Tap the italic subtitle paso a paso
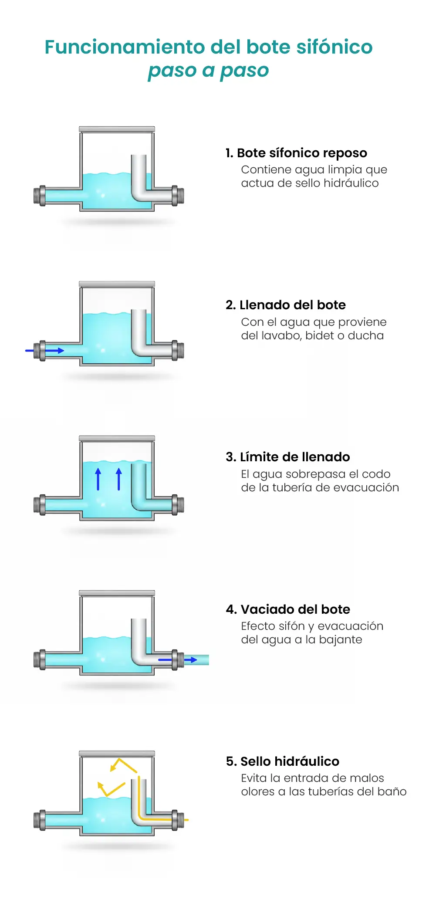[x=208, y=70]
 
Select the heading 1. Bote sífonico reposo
[x=296, y=153]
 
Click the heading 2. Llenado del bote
[x=285, y=305]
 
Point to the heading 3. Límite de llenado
[x=287, y=457]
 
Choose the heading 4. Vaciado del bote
[x=288, y=609]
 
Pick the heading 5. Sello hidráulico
[x=282, y=761]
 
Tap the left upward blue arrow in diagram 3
[x=98, y=479]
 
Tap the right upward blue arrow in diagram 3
[x=119, y=479]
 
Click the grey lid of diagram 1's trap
[x=117, y=129]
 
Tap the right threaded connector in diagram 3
[x=178, y=505]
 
